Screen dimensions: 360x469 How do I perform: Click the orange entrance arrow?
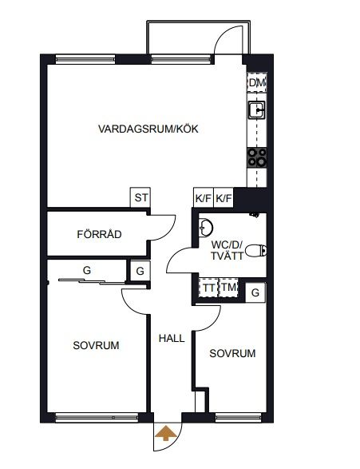pyautogui.click(x=165, y=433)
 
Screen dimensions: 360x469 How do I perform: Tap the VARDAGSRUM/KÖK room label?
pyautogui.click(x=148, y=129)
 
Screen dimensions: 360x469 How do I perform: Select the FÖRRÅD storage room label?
pyautogui.click(x=99, y=234)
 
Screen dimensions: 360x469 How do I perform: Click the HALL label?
pyautogui.click(x=172, y=338)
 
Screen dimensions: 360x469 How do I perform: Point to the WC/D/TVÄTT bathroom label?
pyautogui.click(x=227, y=250)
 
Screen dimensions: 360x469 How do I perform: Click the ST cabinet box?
pyautogui.click(x=140, y=197)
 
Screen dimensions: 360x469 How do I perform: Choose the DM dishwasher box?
pyautogui.click(x=257, y=82)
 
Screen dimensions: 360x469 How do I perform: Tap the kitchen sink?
pyautogui.click(x=257, y=110)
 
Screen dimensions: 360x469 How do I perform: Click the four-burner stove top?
pyautogui.click(x=257, y=157)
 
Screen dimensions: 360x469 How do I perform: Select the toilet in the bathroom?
pyautogui.click(x=255, y=250)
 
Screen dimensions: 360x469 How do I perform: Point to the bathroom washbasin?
pyautogui.click(x=206, y=228)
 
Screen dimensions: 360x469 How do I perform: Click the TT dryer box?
pyautogui.click(x=208, y=288)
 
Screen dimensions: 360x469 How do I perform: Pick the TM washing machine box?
pyautogui.click(x=228, y=288)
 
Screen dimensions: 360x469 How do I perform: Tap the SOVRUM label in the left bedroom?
pyautogui.click(x=96, y=345)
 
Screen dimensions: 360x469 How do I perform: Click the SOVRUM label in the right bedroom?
pyautogui.click(x=232, y=353)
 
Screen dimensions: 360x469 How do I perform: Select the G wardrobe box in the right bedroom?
pyautogui.click(x=255, y=292)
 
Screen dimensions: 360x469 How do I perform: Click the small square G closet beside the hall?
pyautogui.click(x=140, y=271)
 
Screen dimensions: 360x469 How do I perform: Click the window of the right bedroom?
pyautogui.click(x=238, y=418)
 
